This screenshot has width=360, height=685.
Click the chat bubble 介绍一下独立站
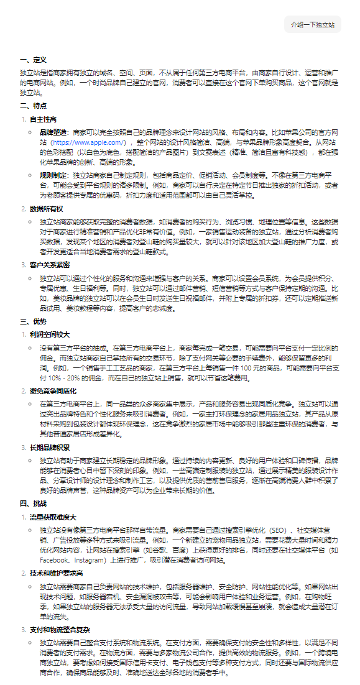click(313, 25)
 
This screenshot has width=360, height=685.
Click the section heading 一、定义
click(33, 60)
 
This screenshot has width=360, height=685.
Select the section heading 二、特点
click(33, 106)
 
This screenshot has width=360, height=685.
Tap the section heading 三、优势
click(33, 321)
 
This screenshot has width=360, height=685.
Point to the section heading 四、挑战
click(33, 503)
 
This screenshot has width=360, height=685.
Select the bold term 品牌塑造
click(53, 133)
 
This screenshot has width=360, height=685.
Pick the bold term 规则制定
click(53, 176)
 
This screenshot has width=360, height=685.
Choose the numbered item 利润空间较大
click(49, 334)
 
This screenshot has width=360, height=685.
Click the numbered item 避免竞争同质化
click(53, 390)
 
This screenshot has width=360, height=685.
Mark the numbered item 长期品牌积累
click(49, 446)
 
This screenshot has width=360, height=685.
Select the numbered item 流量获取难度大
click(53, 517)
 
